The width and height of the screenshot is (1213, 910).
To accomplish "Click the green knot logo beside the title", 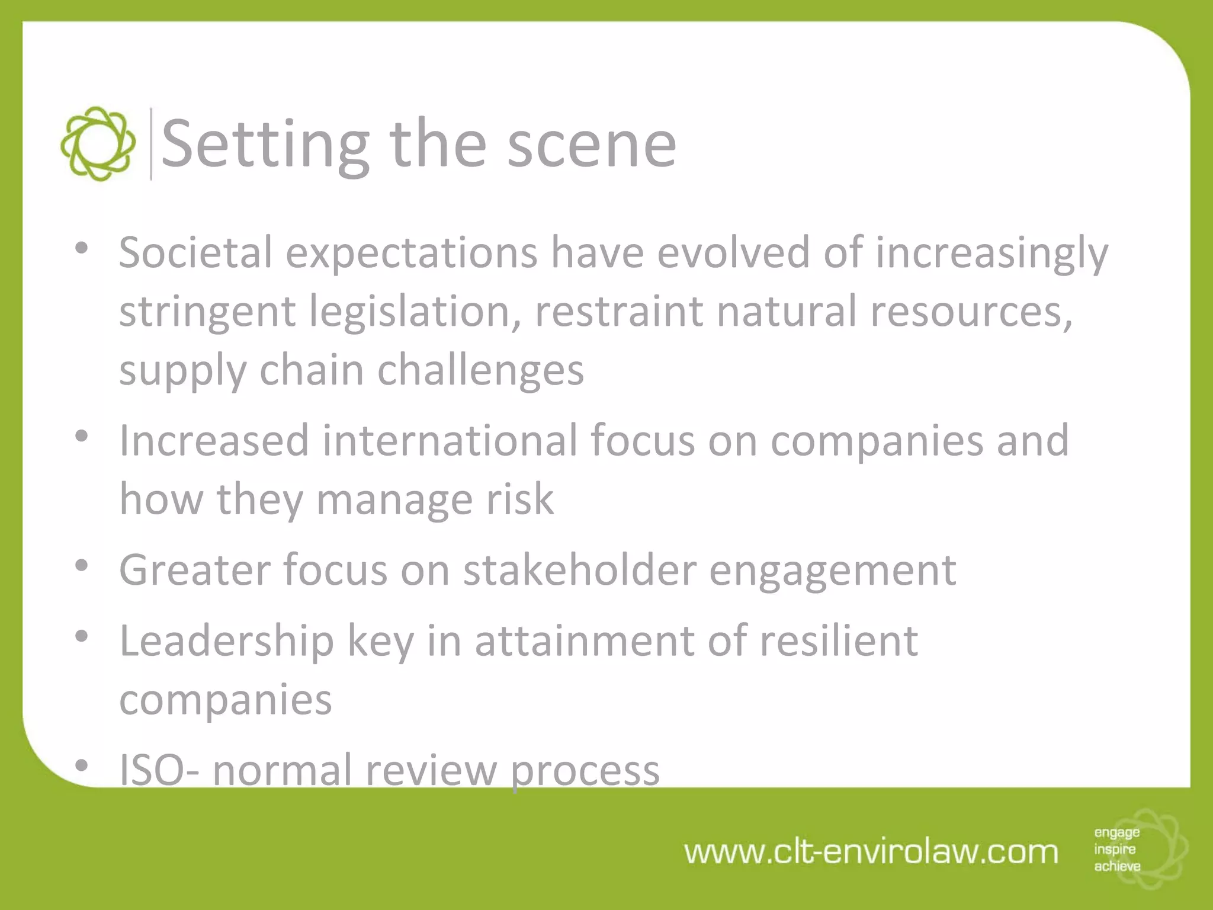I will click(x=98, y=144).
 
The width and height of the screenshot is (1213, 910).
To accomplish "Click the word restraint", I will click(x=619, y=311).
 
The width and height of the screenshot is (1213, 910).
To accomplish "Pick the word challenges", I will click(x=480, y=370).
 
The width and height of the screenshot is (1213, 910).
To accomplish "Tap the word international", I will click(x=450, y=440).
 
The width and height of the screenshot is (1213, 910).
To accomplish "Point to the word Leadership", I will click(x=227, y=642).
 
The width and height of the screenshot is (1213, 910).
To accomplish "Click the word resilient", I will click(x=839, y=640).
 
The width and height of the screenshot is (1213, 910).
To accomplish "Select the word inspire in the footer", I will click(x=1115, y=850).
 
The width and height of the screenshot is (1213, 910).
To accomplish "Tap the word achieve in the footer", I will click(x=1117, y=866).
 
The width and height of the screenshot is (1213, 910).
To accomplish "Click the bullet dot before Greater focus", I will click(x=82, y=566).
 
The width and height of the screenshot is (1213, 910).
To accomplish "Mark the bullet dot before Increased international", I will click(x=82, y=437).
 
